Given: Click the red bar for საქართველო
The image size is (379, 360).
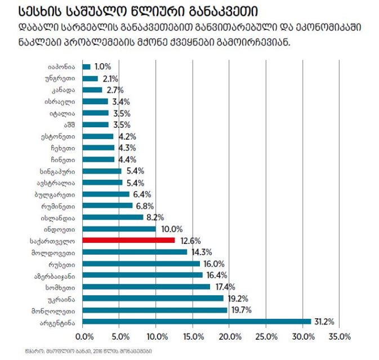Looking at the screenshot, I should [128, 240].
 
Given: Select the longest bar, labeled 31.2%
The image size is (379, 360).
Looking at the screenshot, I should [197, 322].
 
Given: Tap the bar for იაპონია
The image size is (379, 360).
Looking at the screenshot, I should [86, 66].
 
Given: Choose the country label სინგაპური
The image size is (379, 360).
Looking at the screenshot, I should [59, 171].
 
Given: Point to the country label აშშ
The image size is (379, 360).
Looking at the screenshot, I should [69, 124].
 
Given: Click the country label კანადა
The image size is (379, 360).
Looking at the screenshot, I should [64, 90].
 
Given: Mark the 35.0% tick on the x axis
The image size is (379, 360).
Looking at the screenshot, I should [338, 337].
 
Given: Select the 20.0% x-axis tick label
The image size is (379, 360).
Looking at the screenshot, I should [229, 337].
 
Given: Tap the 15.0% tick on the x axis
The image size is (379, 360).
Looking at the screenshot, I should [193, 337].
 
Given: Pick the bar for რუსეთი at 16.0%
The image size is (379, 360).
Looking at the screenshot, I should [141, 264].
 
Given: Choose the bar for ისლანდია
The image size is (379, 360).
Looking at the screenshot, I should [113, 217].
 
